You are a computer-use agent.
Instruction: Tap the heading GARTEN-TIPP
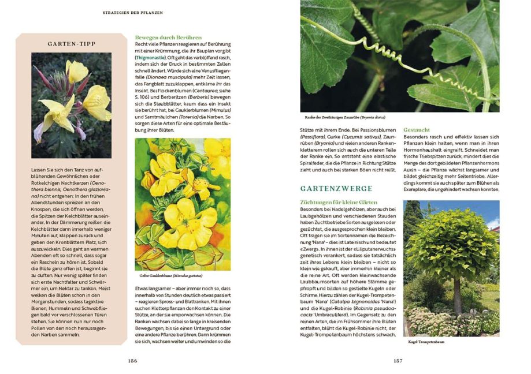[71, 43]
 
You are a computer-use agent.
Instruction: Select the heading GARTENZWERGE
[336, 189]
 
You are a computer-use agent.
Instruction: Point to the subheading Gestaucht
[416, 129]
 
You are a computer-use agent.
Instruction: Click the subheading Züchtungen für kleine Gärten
[339, 203]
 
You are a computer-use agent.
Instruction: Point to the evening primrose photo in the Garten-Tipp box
[71, 105]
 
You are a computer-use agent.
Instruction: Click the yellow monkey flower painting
[183, 204]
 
